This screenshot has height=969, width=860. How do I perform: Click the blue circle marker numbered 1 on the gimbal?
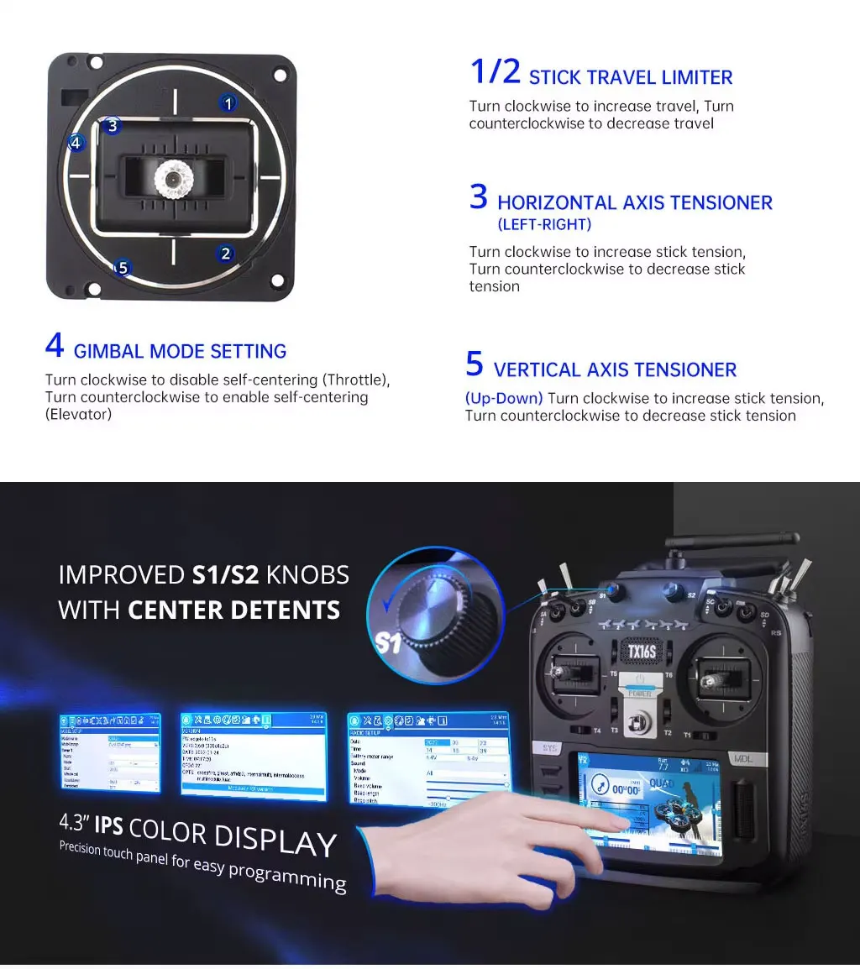[x=228, y=103]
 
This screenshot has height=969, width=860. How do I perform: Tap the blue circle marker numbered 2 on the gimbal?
[x=224, y=254]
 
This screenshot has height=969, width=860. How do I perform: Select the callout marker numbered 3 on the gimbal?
[x=113, y=127]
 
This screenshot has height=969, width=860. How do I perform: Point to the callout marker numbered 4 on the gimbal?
[x=76, y=143]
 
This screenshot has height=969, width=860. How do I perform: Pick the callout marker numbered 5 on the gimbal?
[x=123, y=268]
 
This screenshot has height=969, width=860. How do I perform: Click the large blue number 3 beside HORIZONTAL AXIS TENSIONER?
[x=478, y=198]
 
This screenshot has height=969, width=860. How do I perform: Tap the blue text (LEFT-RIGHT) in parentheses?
[x=544, y=224]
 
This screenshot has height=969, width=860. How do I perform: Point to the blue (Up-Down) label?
[x=504, y=398]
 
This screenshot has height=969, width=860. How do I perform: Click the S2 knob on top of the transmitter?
[x=671, y=588]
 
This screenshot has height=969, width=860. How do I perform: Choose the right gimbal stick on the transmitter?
[x=715, y=673]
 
